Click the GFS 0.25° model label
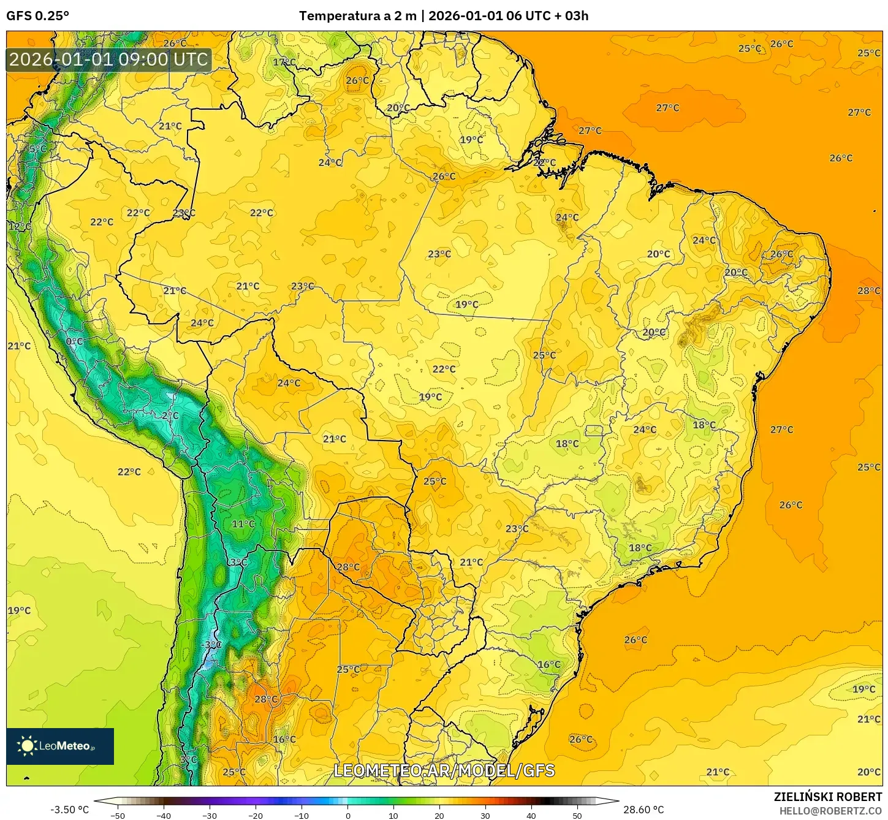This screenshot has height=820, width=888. [x=37, y=16]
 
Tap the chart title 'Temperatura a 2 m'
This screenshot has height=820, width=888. [x=357, y=16]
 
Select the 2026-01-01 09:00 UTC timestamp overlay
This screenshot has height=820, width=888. [x=108, y=59]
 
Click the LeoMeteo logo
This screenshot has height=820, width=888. [x=59, y=746]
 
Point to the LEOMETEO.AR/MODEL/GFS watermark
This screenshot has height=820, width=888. [x=444, y=770]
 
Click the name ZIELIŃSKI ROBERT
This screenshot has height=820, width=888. [x=827, y=797]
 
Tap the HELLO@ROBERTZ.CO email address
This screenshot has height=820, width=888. [x=830, y=811]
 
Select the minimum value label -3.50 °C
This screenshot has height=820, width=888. [x=69, y=810]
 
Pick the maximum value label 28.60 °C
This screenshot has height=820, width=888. [x=643, y=810]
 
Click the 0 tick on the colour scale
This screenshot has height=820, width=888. [x=347, y=815]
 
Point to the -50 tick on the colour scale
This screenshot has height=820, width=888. [x=117, y=815]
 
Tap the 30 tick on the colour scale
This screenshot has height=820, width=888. [x=485, y=815]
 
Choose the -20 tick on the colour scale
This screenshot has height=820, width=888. [x=256, y=815]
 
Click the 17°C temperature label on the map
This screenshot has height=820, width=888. [x=284, y=62]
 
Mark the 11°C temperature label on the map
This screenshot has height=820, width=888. [x=243, y=524]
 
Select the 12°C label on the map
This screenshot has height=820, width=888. [x=20, y=226]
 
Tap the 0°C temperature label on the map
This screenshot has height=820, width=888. [x=74, y=341]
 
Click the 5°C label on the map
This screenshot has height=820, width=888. [x=37, y=148]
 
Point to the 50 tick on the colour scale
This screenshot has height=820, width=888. [x=577, y=815]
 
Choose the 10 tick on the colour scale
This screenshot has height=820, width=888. [x=393, y=815]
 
